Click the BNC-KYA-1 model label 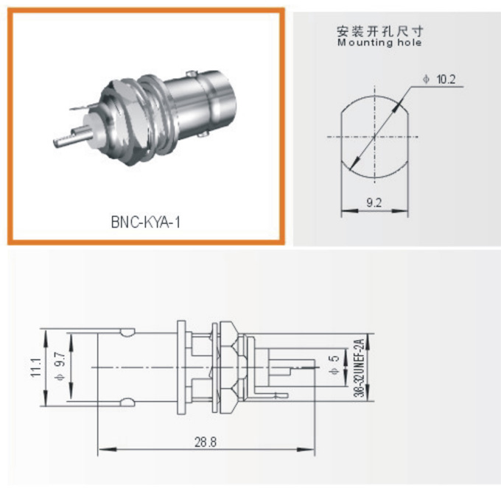click(145, 221)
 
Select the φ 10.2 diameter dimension click(441, 79)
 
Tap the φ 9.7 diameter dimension click(62, 366)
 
